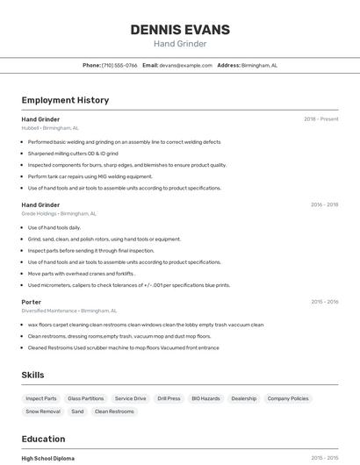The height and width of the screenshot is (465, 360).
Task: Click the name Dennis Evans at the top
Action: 180,30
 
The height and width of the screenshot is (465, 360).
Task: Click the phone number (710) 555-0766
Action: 119,65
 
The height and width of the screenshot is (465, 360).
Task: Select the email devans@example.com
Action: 186,65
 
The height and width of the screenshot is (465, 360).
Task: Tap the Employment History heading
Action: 65,100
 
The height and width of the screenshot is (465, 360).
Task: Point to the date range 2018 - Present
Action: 320,119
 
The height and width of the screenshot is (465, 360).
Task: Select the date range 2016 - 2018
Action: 324,204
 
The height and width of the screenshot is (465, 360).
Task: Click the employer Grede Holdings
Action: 40,213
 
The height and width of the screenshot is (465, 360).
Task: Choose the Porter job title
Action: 32,302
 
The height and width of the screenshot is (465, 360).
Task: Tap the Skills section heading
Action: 32,375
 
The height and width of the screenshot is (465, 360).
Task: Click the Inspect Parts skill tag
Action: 41,398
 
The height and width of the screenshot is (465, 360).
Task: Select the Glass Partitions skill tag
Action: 85,398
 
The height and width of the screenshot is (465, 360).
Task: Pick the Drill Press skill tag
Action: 169,398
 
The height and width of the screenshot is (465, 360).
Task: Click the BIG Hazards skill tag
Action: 205,398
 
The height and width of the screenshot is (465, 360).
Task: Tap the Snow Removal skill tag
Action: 43,411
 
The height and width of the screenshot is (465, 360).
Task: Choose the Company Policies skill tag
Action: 288,398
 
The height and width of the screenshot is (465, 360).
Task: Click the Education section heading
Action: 43,439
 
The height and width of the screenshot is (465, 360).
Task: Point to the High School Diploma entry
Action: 47,458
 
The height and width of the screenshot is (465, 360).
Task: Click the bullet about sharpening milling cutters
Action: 73,154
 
